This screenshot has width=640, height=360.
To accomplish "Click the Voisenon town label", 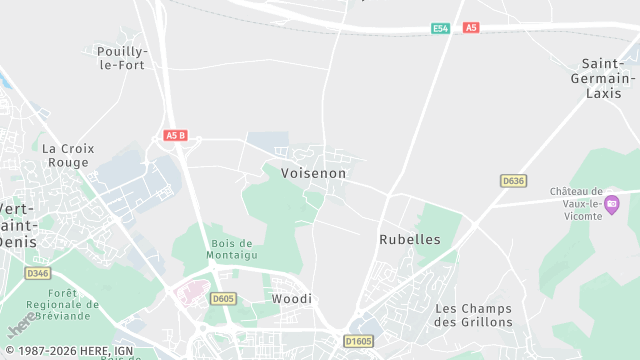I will [313, 173].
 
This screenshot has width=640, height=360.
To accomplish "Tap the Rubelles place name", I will [410, 240].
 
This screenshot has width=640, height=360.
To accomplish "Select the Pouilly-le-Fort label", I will [121, 58].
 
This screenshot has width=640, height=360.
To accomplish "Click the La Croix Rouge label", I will [68, 155].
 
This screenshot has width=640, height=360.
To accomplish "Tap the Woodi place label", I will [292, 299].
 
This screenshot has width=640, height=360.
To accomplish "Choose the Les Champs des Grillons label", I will [474, 315].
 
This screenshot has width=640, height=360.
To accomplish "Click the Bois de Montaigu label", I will [232, 250].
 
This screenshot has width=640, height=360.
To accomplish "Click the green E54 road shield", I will [440, 28].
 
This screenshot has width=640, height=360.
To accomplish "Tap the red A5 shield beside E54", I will [471, 28].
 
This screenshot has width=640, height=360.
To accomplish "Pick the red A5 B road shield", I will [175, 135].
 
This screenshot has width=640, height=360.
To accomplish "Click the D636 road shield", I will [513, 180].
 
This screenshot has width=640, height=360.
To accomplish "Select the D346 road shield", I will [37, 273].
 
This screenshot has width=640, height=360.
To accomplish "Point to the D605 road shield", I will [223, 298].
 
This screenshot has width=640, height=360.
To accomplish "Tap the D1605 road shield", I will [358, 341].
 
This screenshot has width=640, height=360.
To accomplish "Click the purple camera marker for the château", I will [612, 205].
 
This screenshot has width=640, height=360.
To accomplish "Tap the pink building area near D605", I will [190, 294].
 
